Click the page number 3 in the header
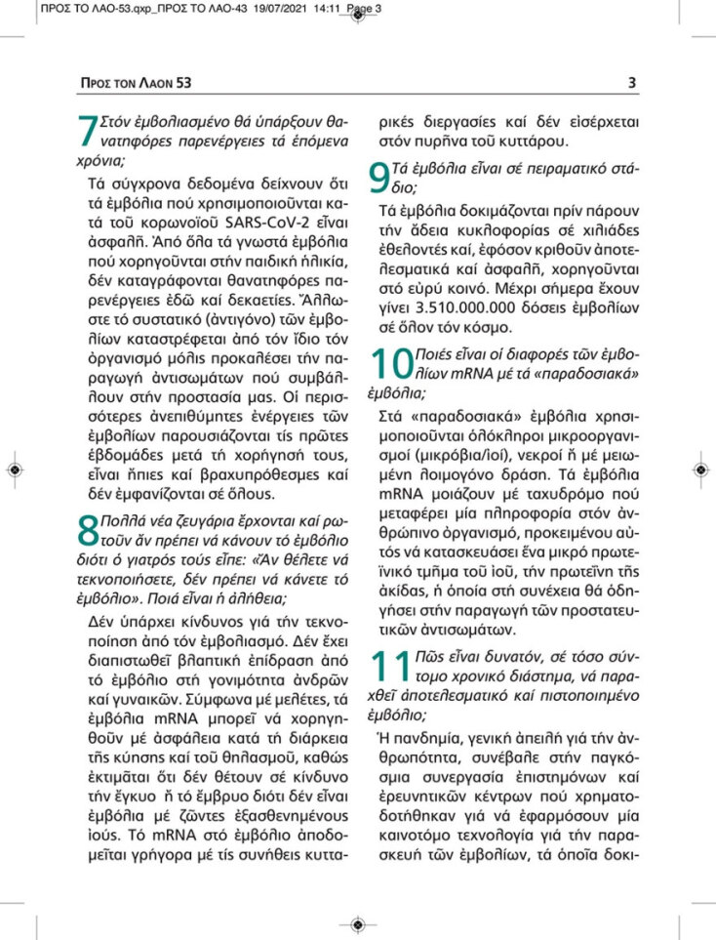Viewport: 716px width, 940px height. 632,83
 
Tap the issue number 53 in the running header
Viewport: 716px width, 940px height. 182,83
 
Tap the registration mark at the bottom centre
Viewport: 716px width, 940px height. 358,923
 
